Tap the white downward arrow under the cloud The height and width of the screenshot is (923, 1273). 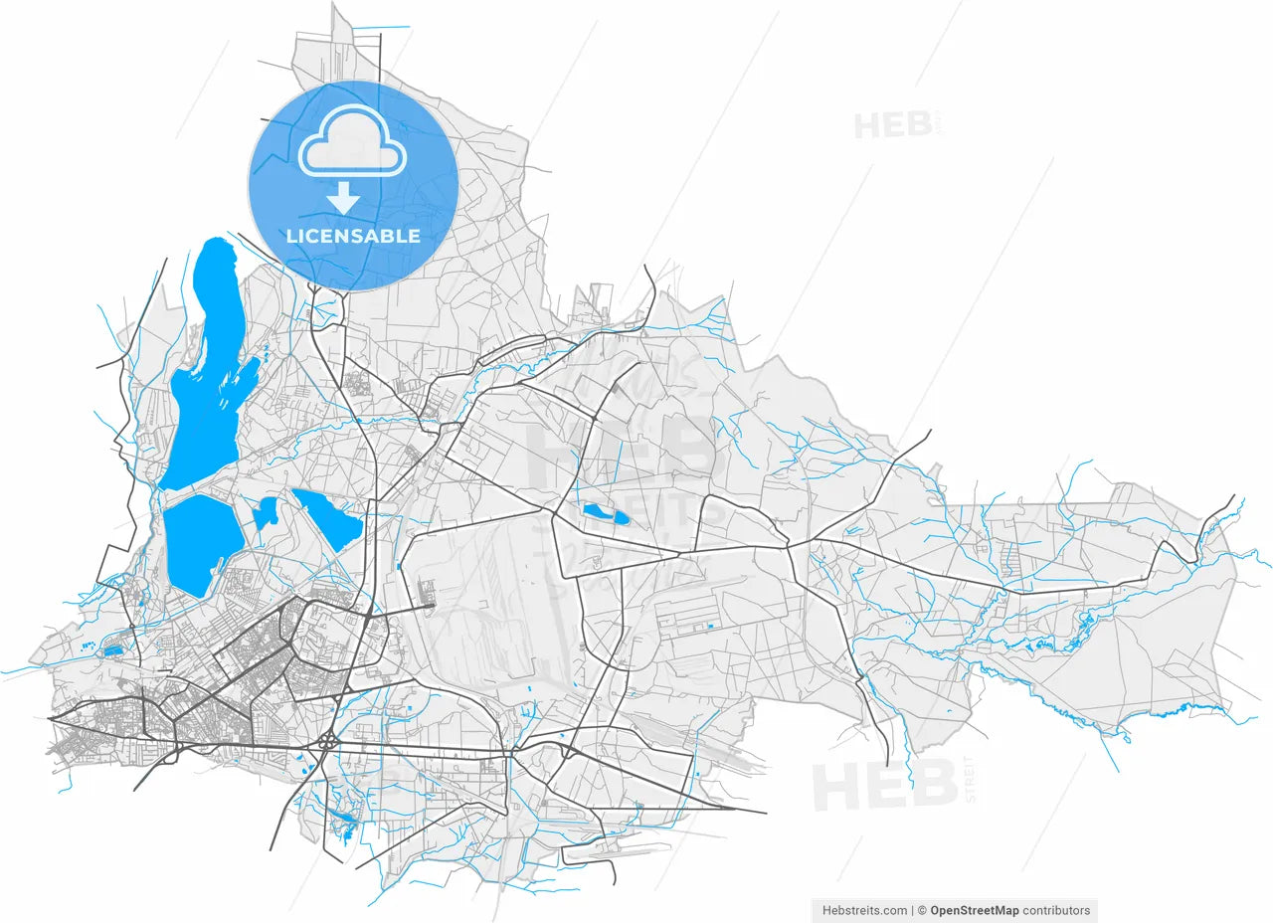tap(344, 198)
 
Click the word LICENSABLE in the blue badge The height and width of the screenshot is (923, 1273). tap(353, 237)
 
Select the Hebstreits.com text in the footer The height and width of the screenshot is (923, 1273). tap(864, 910)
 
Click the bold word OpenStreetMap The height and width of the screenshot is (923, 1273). tap(975, 910)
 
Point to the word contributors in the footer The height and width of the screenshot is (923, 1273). tap(1056, 910)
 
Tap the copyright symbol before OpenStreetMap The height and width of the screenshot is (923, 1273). tap(922, 910)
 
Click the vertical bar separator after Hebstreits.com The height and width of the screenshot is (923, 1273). tap(912, 910)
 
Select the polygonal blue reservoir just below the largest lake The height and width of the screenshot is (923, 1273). tap(202, 542)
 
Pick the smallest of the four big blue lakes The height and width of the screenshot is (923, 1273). tap(266, 513)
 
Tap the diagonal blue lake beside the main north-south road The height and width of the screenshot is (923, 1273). tap(328, 518)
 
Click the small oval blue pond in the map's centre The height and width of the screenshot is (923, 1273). tap(605, 514)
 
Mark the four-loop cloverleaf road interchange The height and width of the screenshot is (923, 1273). tap(327, 741)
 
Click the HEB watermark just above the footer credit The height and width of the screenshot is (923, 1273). tap(871, 785)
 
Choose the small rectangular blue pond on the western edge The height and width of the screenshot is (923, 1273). tap(112, 649)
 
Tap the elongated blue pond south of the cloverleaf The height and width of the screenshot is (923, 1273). tap(344, 821)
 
